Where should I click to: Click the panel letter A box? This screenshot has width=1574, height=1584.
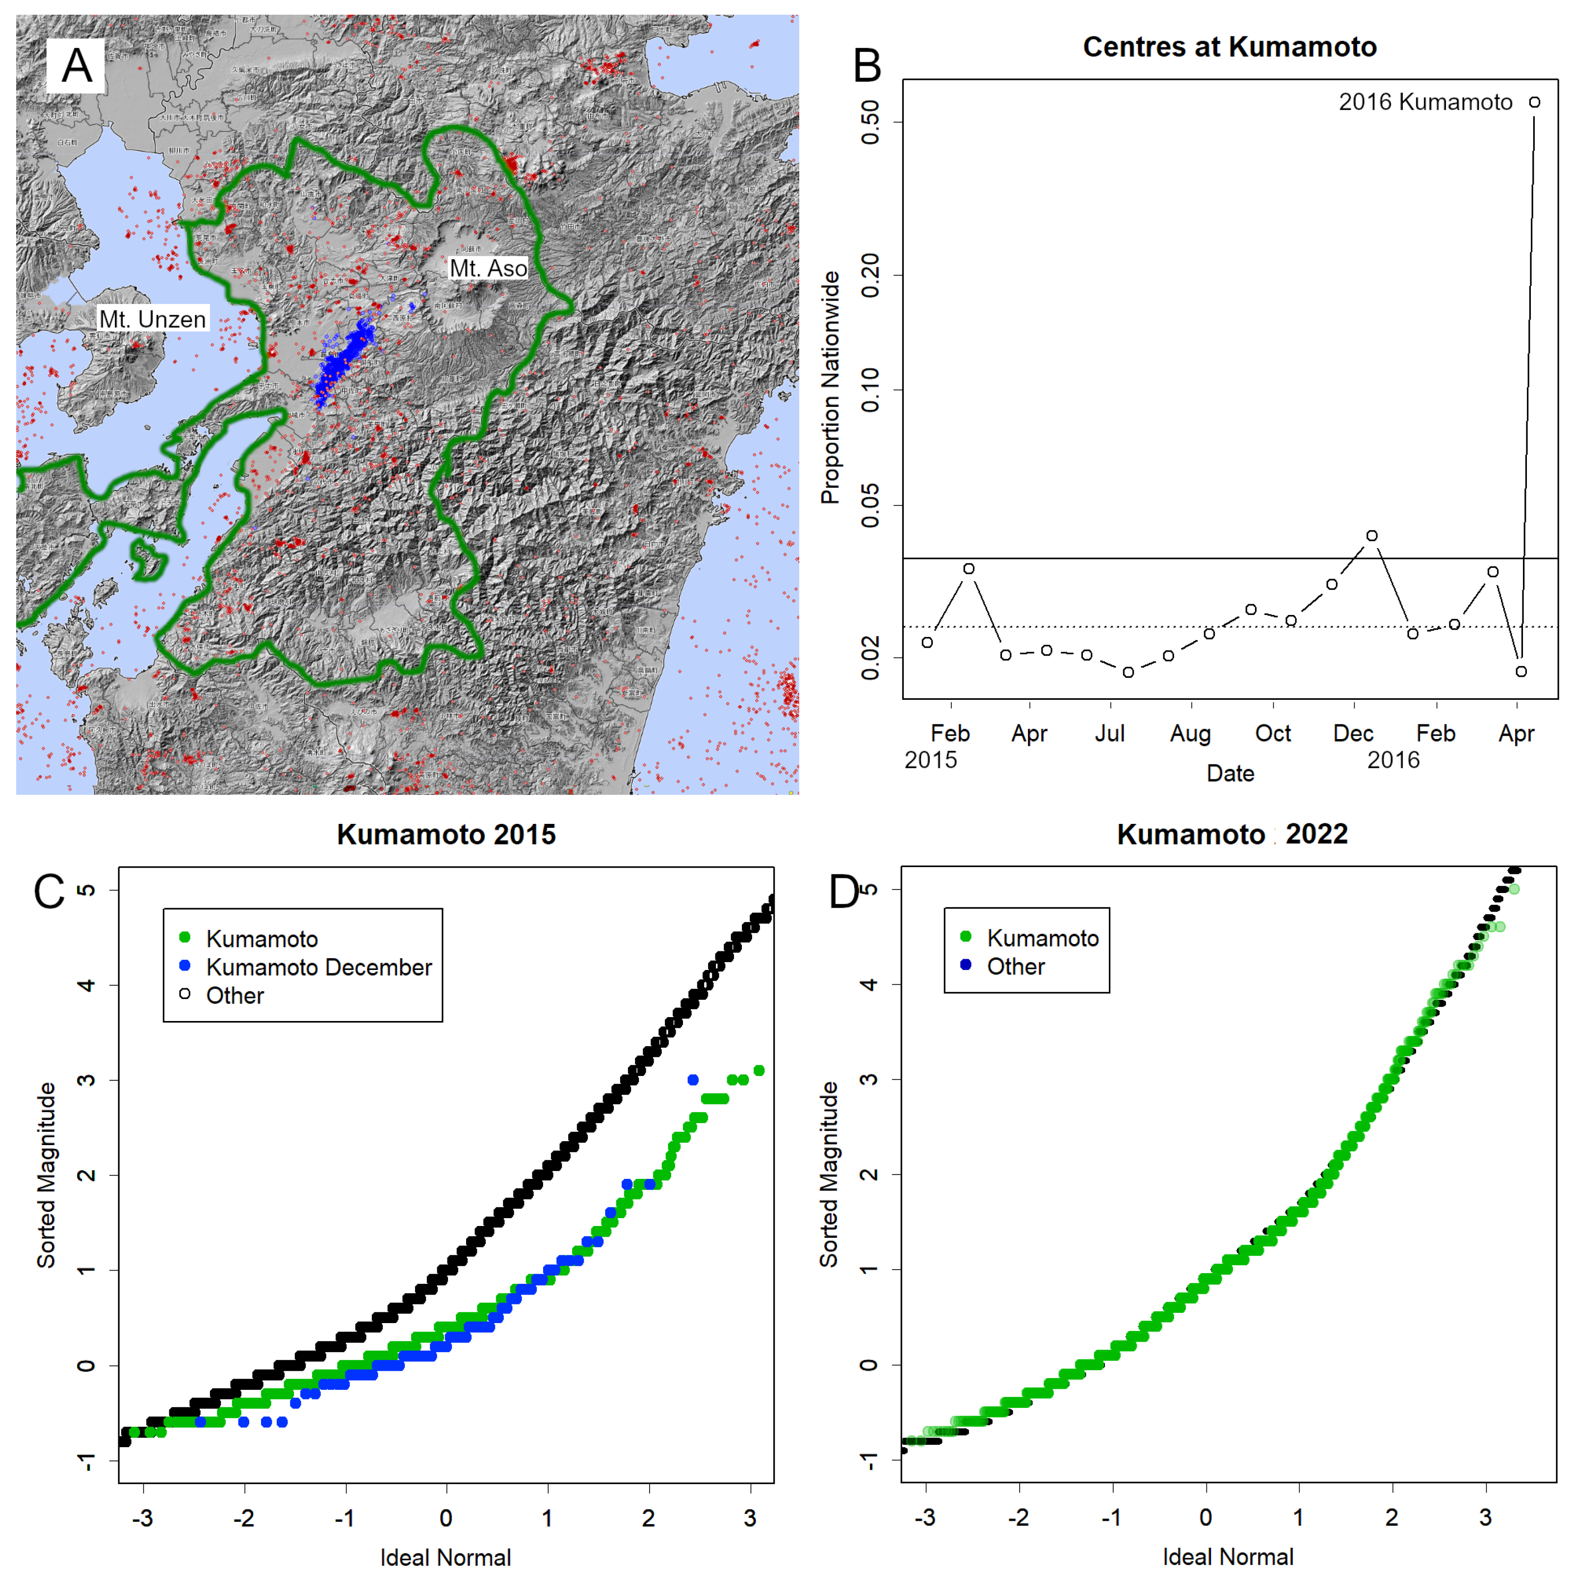pos(76,66)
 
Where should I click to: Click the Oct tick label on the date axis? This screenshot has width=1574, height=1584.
pos(1272,733)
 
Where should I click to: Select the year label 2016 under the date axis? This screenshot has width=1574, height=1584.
pos(1393,760)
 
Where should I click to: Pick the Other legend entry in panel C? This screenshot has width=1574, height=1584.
pos(235,996)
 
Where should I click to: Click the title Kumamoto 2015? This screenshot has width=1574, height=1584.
pos(446,834)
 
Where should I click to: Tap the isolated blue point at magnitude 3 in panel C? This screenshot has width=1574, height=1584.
pos(693,1080)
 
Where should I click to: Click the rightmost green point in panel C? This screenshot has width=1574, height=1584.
pos(759,1070)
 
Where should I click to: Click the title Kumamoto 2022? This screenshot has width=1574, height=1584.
pos(1232,834)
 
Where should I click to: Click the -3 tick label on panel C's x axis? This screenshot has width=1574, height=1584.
pos(143,1518)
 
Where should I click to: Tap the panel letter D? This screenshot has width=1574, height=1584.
pos(843,891)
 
